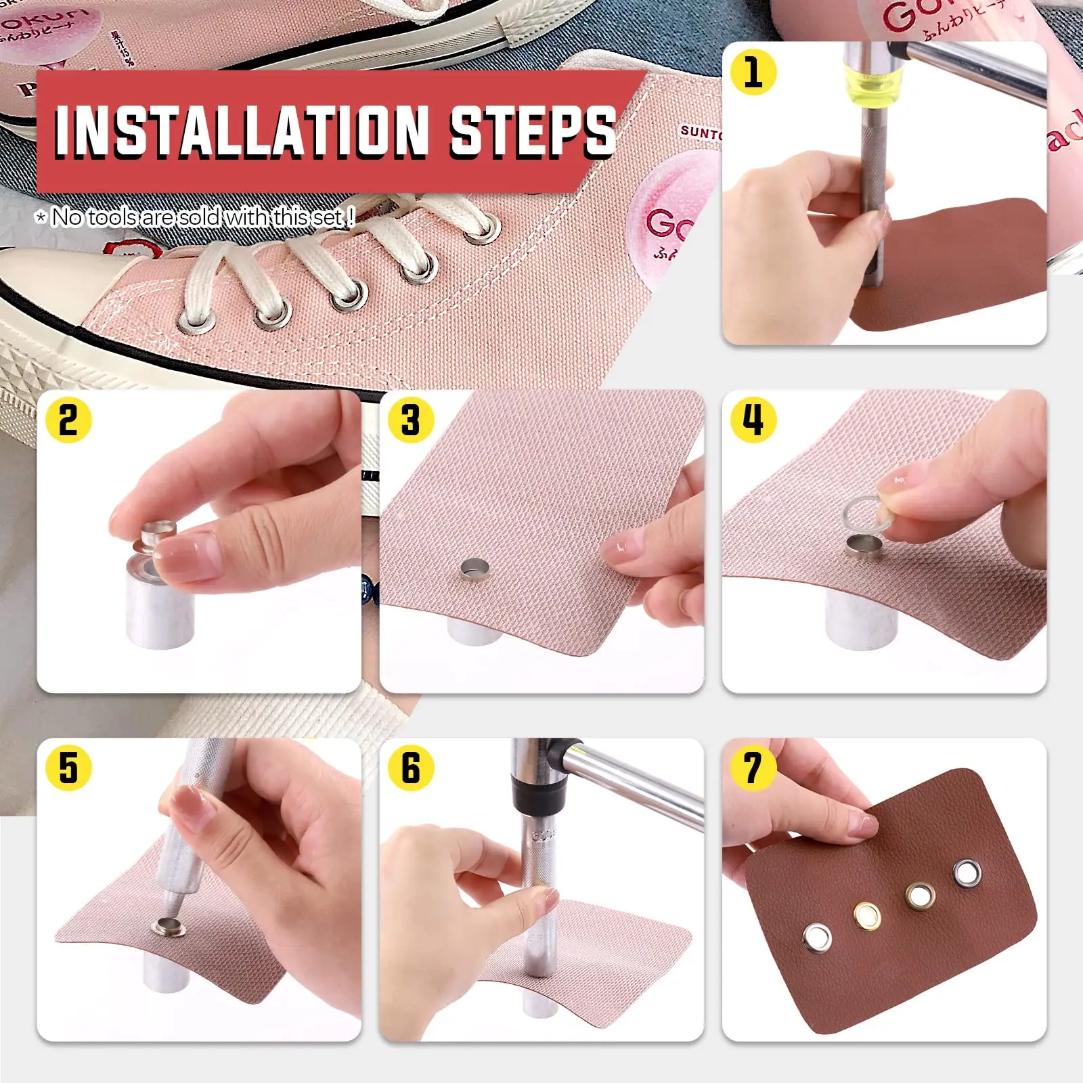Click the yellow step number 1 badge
pos(753,72)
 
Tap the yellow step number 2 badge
pos(68,420)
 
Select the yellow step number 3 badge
pos(410,420)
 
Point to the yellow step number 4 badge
pos(753,420)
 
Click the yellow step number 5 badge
pos(68,768)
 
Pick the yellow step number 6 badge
pos(410,768)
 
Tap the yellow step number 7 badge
pos(753,768)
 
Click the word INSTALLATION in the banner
pos(240,130)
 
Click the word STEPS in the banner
pos(533,130)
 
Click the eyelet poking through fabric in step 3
pos(473,570)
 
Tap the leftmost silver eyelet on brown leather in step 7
pos(817,937)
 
